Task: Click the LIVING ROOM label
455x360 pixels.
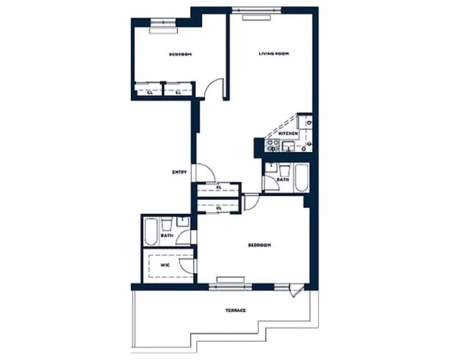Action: point(274,54)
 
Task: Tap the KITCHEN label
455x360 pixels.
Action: point(288,133)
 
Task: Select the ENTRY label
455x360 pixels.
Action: point(179,172)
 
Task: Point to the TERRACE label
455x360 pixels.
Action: point(236,311)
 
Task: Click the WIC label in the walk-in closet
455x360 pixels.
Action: point(165,266)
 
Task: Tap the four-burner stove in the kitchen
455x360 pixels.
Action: point(272,146)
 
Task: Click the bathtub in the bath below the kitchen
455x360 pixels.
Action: point(302,178)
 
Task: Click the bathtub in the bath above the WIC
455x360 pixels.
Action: point(150,231)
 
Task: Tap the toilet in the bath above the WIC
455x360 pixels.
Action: point(167,224)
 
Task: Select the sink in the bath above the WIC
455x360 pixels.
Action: point(182,222)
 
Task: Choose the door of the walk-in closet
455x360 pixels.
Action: point(186,266)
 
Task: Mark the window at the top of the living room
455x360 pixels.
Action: point(256,11)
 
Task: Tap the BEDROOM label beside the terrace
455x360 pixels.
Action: point(260,245)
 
